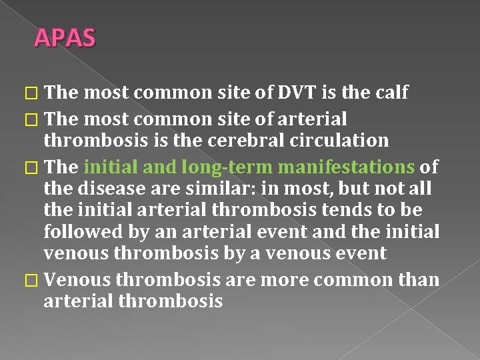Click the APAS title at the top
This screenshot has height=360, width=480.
65,38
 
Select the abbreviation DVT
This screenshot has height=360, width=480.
278,93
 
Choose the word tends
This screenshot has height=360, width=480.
364,210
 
